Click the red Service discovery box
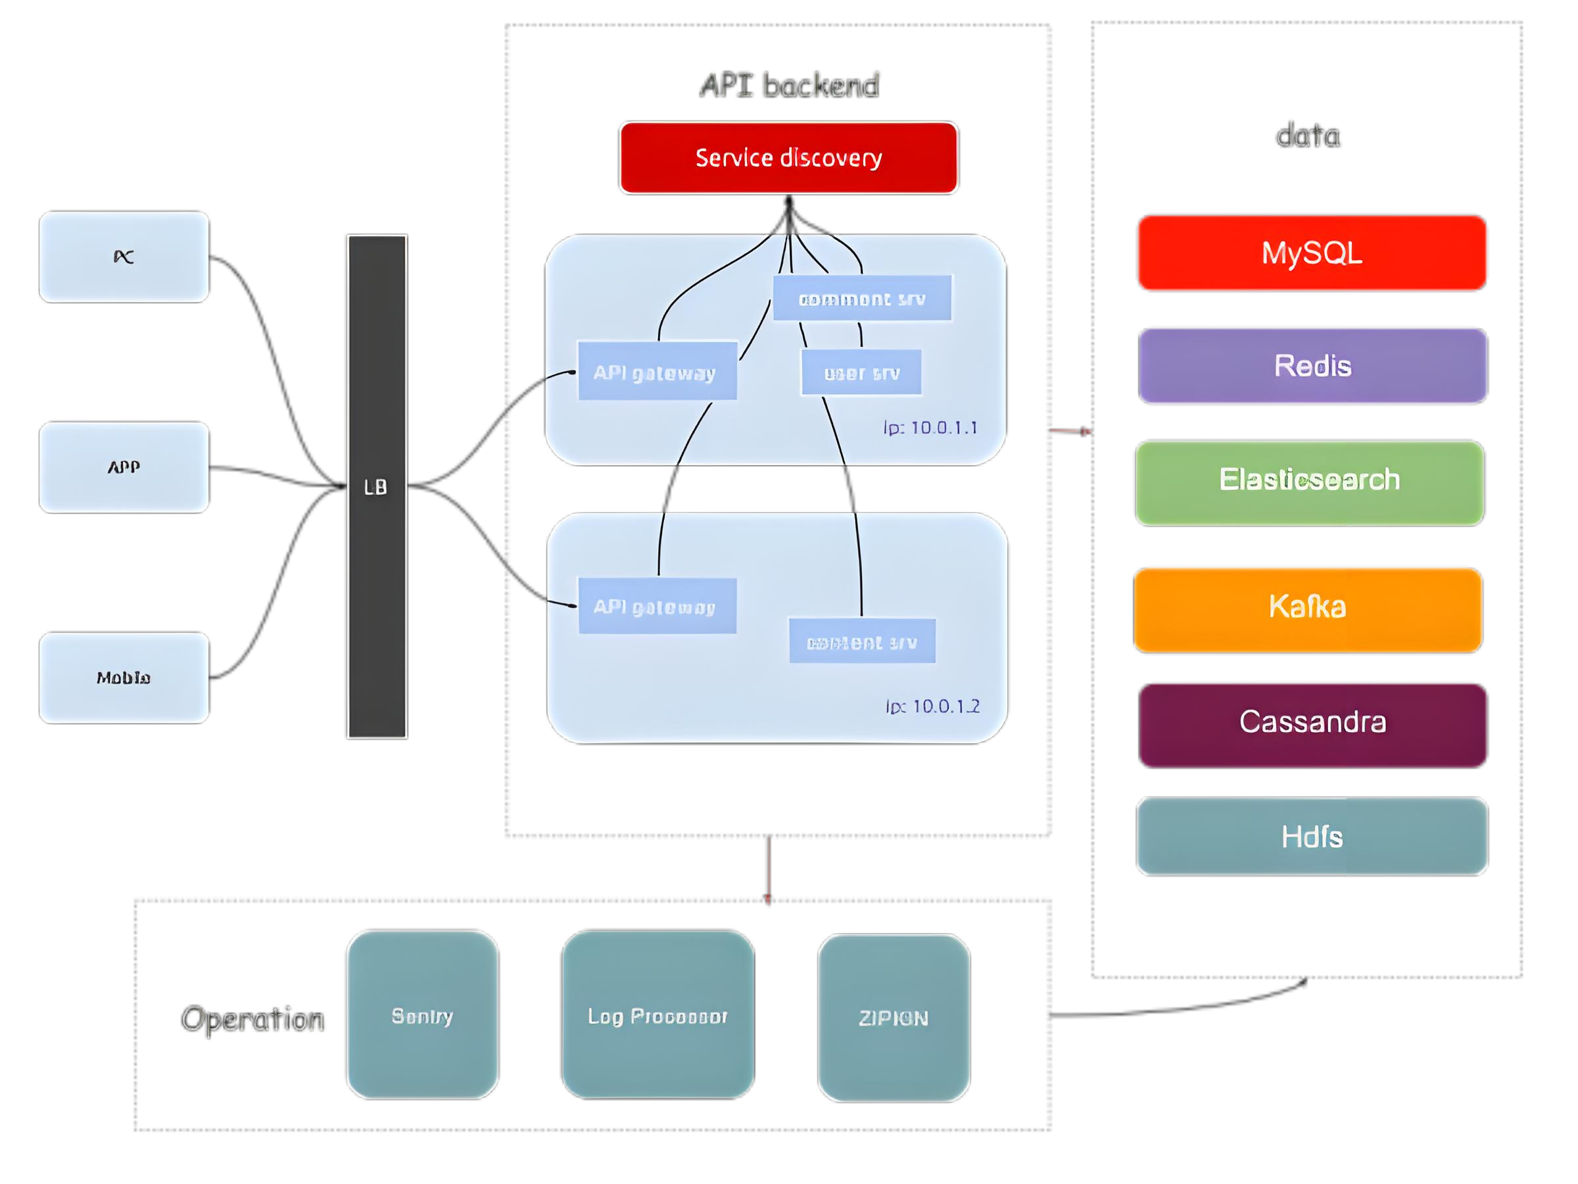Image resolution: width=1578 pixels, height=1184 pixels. tap(788, 158)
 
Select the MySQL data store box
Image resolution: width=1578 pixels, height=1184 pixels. tap(1312, 253)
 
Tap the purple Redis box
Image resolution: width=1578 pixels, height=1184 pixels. tap(1312, 366)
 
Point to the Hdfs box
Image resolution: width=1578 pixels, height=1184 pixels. tap(1312, 837)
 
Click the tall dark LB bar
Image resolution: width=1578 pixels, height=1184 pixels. tap(377, 487)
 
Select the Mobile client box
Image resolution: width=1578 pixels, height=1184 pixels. tap(124, 678)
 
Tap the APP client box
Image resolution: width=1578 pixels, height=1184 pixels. tap(124, 468)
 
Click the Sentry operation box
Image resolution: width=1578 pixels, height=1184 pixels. tap(422, 1014)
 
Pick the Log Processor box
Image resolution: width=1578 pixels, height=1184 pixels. tap(657, 1014)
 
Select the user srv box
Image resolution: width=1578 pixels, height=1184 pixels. tap(861, 372)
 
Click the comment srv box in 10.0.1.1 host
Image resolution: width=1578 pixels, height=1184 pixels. tap(862, 299)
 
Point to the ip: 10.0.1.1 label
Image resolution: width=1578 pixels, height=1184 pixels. tap(930, 428)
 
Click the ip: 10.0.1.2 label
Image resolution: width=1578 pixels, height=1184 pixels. tap(932, 706)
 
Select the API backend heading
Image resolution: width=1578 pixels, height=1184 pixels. tap(789, 85)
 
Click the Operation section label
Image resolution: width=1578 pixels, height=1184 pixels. tap(252, 1019)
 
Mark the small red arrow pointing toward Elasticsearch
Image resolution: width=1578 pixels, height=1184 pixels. tap(1070, 431)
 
